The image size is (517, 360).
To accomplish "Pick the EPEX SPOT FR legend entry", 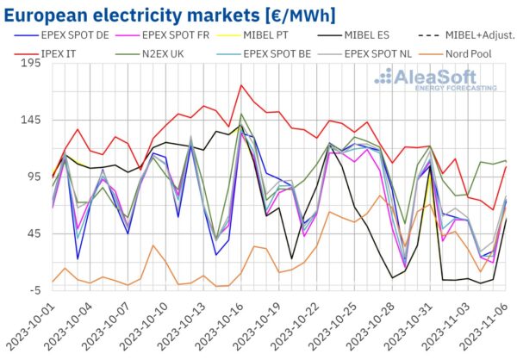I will pos(197,36).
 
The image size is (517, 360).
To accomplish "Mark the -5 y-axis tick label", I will pos(34,290).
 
